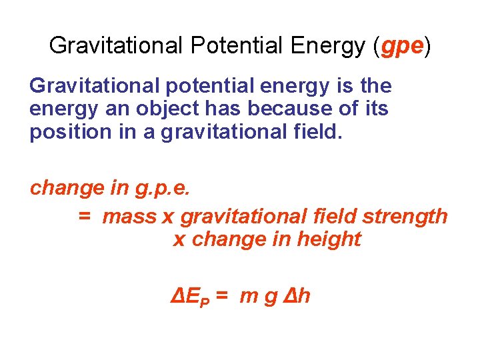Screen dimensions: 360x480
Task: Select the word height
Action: [332, 239]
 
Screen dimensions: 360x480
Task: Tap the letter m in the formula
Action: [248, 296]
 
